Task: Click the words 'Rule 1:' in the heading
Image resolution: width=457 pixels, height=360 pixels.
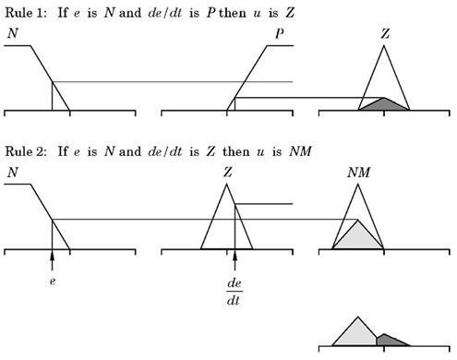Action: tap(26, 13)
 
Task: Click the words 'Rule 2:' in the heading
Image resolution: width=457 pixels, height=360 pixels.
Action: tap(26, 151)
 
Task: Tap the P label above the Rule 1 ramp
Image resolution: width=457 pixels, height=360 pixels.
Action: tap(280, 33)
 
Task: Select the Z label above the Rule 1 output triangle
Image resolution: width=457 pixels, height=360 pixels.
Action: tap(385, 33)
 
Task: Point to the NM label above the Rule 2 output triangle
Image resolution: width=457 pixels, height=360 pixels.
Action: tap(359, 173)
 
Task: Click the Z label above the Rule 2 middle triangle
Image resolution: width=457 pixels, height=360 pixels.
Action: tap(228, 173)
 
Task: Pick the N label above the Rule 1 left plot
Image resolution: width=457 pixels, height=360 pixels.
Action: tap(13, 33)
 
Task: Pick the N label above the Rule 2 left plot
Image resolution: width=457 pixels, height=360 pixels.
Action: tap(13, 173)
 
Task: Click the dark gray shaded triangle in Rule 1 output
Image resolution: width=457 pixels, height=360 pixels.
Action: tap(384, 105)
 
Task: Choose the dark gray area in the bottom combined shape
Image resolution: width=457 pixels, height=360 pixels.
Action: tap(390, 341)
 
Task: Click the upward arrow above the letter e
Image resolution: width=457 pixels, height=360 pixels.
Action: tap(52, 260)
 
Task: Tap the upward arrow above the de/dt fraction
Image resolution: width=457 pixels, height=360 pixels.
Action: tap(235, 260)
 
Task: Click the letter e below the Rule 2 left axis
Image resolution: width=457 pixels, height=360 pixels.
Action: tap(53, 282)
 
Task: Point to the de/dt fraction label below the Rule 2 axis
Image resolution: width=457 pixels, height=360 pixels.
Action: tap(235, 292)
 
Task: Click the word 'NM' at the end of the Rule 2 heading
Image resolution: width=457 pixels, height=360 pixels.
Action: tap(301, 151)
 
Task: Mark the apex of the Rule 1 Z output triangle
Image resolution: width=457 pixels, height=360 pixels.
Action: tap(384, 45)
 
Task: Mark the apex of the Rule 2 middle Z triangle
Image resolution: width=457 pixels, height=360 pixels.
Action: tap(226, 184)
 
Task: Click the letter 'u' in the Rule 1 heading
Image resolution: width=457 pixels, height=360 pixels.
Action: tap(257, 14)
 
